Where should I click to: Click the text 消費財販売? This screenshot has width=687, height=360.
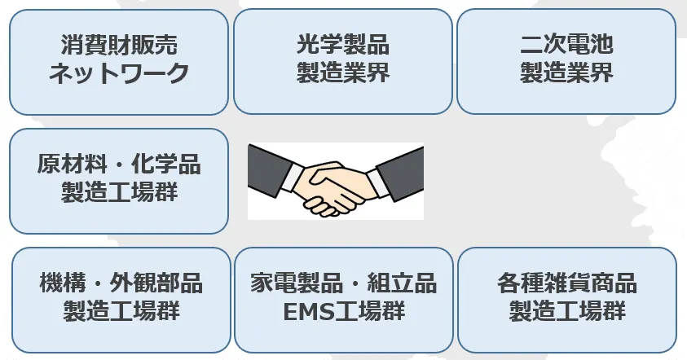(119, 45)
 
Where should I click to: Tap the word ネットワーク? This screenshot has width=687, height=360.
(119, 73)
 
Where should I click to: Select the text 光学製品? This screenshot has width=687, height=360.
(342, 45)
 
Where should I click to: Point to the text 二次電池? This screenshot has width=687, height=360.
(566, 45)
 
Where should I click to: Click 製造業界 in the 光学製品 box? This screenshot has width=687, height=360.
(342, 73)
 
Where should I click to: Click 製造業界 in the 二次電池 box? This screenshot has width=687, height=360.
(566, 73)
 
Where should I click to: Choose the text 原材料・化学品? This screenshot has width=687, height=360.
(119, 164)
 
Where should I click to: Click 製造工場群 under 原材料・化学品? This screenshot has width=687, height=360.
(119, 192)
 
